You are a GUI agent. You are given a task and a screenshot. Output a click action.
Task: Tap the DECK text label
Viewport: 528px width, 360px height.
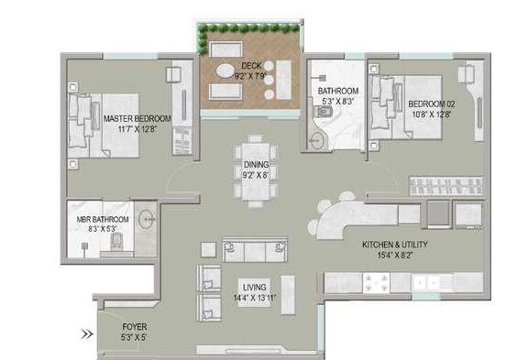251,65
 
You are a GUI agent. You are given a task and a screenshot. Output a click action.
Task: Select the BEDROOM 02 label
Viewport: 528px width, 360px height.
432,104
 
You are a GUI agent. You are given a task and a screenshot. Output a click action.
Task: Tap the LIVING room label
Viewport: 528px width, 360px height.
254,286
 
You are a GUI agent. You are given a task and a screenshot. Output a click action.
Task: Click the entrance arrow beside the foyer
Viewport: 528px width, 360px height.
86,334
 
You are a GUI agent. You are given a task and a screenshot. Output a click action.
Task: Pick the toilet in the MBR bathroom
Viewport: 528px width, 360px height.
115,242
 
